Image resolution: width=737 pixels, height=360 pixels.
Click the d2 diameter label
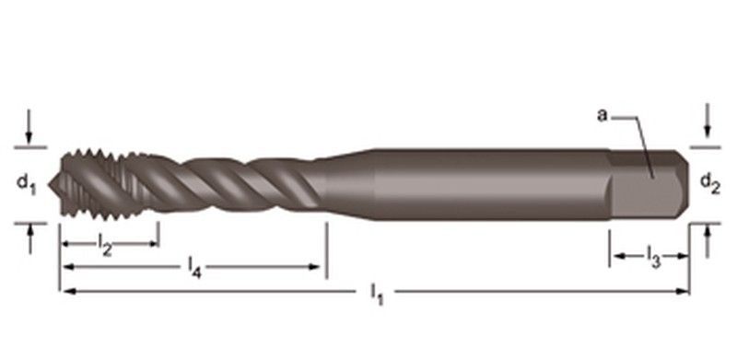[x=709, y=183]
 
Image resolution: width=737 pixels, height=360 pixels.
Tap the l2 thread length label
[x=105, y=245]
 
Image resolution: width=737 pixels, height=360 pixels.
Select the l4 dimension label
[x=194, y=269]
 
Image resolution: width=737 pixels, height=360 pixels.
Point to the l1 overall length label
[x=377, y=296]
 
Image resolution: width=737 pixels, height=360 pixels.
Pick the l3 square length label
[x=653, y=257]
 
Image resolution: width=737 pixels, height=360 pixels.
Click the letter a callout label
[x=602, y=115]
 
